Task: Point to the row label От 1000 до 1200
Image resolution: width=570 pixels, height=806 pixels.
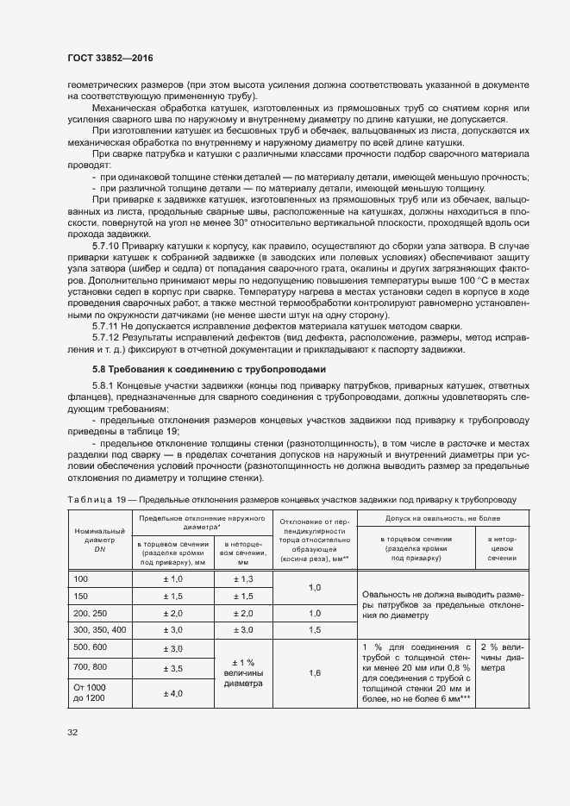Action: click(90, 693)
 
